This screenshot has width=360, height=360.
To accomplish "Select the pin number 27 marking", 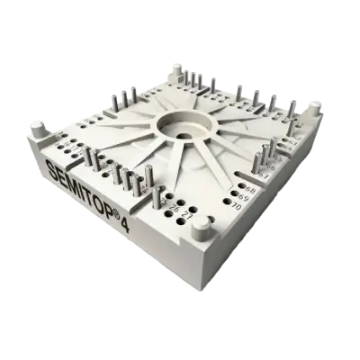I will [187, 212].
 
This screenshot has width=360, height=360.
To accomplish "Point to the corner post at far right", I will [316, 108].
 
